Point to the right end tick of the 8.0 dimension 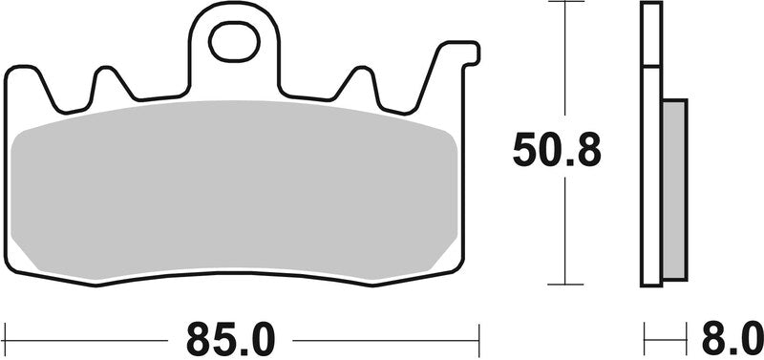tap(686, 337)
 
